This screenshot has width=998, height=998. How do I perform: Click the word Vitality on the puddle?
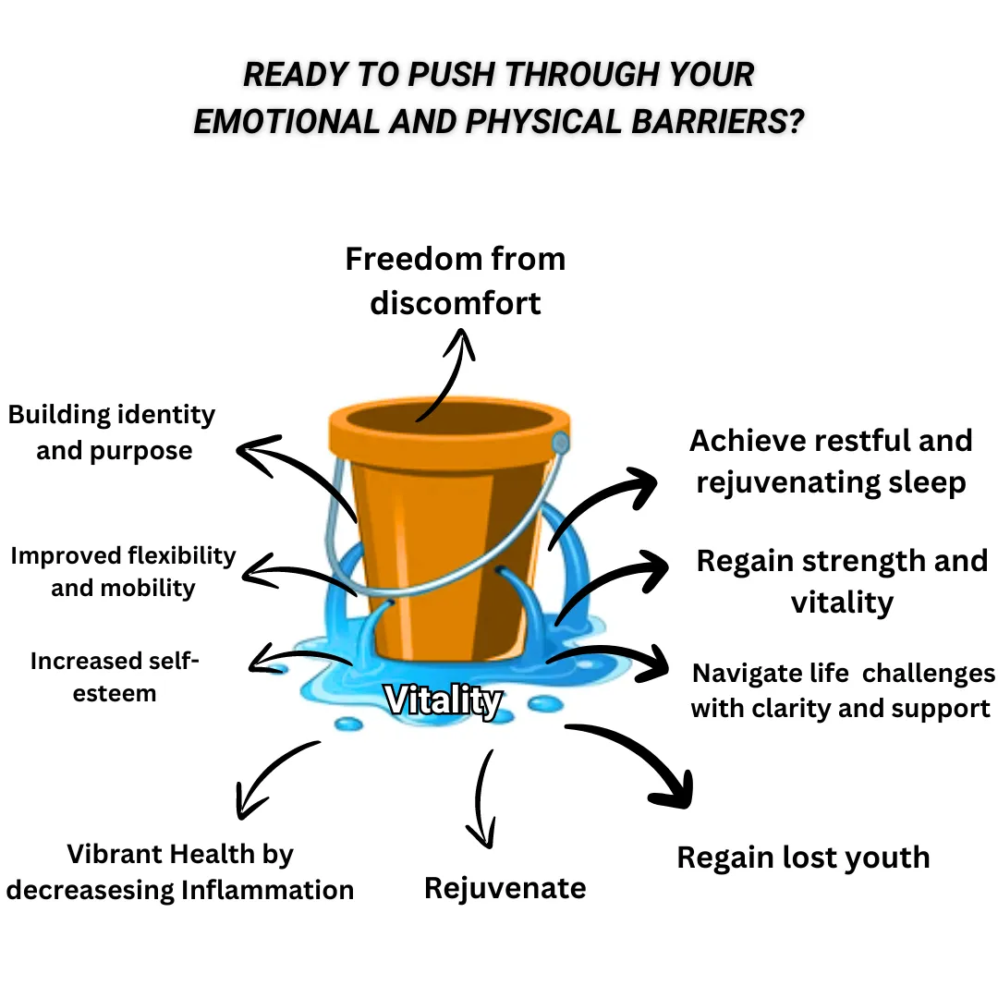[x=443, y=701]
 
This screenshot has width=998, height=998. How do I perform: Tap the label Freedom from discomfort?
[x=455, y=280]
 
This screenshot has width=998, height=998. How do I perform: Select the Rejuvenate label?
[x=505, y=888]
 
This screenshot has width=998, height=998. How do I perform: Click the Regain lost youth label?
[x=803, y=857]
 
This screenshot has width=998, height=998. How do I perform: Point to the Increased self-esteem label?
[x=115, y=676]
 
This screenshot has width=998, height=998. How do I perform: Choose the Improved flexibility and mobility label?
[x=123, y=571]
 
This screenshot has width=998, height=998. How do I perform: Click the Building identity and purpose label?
[x=112, y=432]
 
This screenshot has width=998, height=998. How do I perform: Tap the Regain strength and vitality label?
[x=842, y=581]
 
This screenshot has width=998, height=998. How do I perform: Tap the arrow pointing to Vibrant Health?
[x=273, y=776]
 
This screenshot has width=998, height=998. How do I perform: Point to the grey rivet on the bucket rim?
[x=560, y=443]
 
